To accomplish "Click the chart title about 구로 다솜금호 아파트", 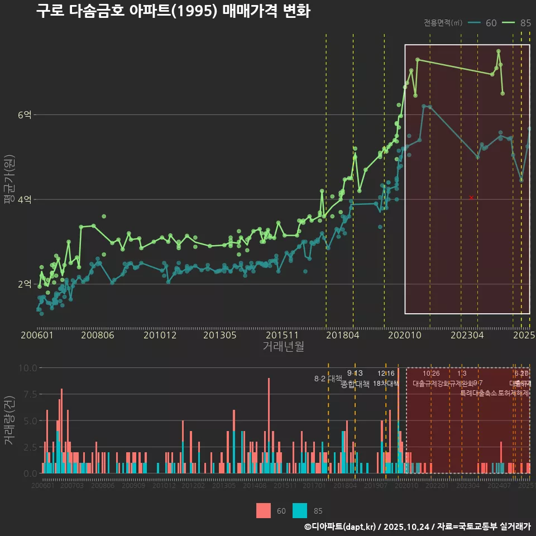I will [x=173, y=11].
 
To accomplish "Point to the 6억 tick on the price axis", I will [x=25, y=114].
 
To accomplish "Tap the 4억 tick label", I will [x=25, y=199].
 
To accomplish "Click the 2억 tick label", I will [x=25, y=284].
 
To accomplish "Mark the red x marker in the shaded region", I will [x=472, y=198].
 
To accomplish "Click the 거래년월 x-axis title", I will [x=283, y=347].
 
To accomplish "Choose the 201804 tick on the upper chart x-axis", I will [x=342, y=336].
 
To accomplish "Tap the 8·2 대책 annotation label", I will [x=328, y=379].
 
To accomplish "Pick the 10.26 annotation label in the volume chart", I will [x=431, y=374].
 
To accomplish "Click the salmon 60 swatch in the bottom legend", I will [x=264, y=510].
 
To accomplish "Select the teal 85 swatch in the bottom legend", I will [x=300, y=510].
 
